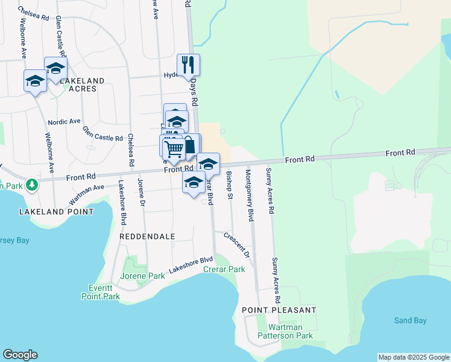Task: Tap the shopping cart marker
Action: pyautogui.click(x=174, y=147)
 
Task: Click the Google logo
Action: pyautogui.click(x=20, y=355)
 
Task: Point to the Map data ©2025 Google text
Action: pyautogui.click(x=414, y=357)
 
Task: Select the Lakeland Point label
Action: pyautogui.click(x=56, y=212)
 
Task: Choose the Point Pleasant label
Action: pyautogui.click(x=279, y=310)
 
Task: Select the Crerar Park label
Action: pyautogui.click(x=224, y=269)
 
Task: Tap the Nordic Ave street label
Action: pyautogui.click(x=65, y=121)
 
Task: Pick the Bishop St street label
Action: pyautogui.click(x=229, y=185)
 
